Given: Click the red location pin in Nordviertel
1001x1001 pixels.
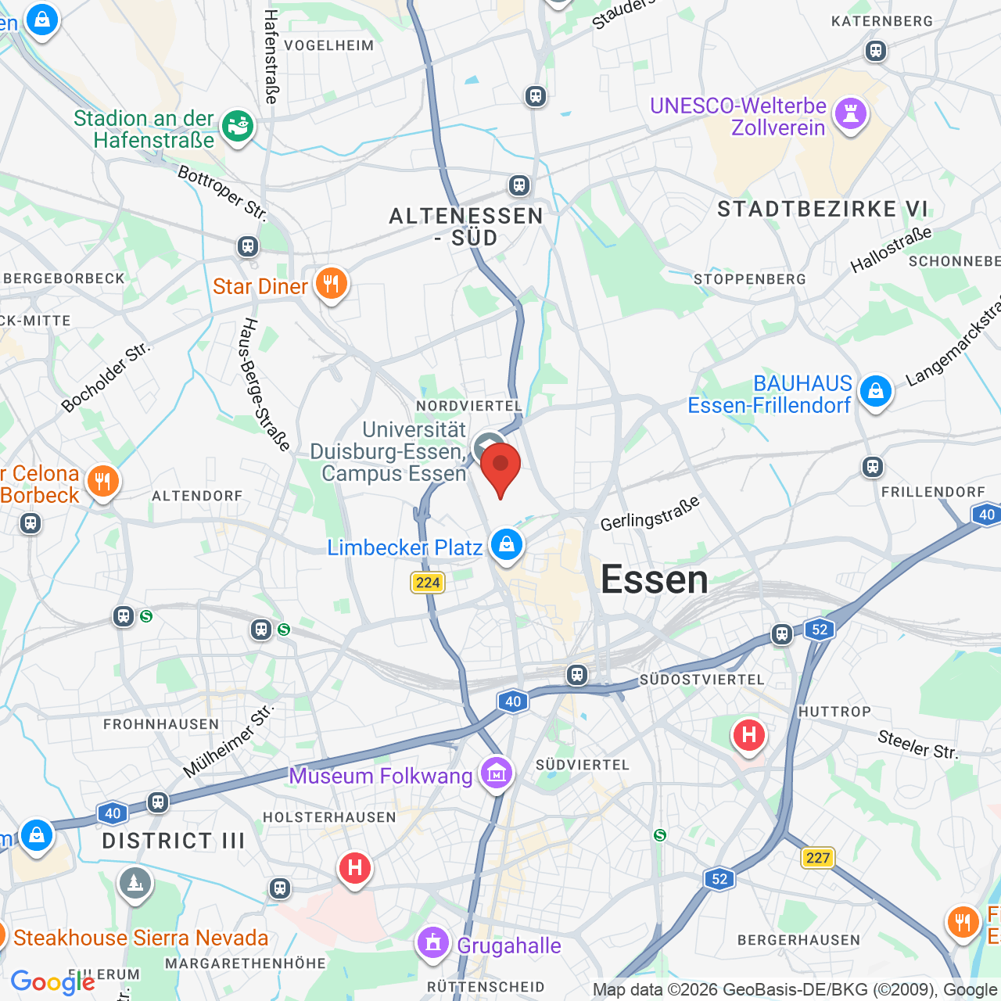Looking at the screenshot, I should click(500, 466).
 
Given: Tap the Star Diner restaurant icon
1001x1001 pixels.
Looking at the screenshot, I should click(331, 283).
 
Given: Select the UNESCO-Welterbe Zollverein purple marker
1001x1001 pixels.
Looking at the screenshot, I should click(851, 114).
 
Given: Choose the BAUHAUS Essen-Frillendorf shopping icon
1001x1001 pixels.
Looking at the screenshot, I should click(875, 390).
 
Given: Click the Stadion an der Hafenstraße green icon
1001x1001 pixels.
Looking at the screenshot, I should click(238, 126).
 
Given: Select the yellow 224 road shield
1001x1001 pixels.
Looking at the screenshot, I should click(428, 583).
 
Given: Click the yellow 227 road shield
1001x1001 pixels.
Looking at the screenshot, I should click(818, 858).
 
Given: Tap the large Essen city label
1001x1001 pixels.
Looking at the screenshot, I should click(655, 580).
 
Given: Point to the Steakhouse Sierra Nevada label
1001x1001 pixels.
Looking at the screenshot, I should click(141, 938).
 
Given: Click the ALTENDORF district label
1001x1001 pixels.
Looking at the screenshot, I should click(197, 496).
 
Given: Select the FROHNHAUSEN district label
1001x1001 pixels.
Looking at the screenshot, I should click(161, 724).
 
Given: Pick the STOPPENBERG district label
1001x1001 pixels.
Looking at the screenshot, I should click(749, 279).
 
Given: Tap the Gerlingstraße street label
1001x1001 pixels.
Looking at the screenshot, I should click(650, 513).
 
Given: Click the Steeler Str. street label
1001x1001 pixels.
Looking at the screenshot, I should click(917, 744).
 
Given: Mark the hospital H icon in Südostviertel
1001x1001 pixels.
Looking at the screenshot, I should click(748, 735).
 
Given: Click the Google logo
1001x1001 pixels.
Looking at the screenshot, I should click(52, 982).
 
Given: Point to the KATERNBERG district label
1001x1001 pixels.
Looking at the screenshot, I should click(882, 21).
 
